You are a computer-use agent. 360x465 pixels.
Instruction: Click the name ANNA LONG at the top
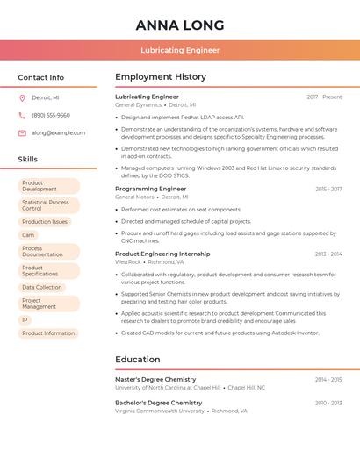tap(180, 25)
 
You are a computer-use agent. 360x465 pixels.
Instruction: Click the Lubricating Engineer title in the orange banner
tap(180, 50)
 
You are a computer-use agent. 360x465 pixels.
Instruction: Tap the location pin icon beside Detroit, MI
tap(22, 97)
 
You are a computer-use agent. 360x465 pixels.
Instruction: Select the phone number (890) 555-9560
tap(51, 115)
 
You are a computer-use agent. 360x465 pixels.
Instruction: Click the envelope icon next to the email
tap(22, 133)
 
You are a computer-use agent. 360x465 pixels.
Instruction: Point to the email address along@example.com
tap(59, 133)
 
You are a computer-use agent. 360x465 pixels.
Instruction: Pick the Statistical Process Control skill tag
tap(48, 205)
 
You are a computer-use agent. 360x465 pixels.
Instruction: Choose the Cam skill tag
tap(28, 235)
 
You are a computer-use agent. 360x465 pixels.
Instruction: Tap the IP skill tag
tap(25, 320)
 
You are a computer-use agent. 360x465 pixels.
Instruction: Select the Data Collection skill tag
tap(42, 287)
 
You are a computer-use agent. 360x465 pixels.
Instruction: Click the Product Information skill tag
tap(48, 333)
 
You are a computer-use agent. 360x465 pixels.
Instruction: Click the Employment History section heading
tap(161, 77)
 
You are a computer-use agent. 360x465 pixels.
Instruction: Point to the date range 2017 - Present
tap(324, 97)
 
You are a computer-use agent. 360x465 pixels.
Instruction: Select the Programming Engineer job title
tap(151, 189)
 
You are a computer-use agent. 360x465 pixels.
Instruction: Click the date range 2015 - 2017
tap(328, 189)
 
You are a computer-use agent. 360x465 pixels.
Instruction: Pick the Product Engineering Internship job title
tap(162, 254)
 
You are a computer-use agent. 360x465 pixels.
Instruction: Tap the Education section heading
tap(138, 359)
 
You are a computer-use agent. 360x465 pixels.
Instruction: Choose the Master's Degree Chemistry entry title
tap(155, 379)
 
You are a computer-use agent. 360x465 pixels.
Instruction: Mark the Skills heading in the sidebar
tap(28, 159)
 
